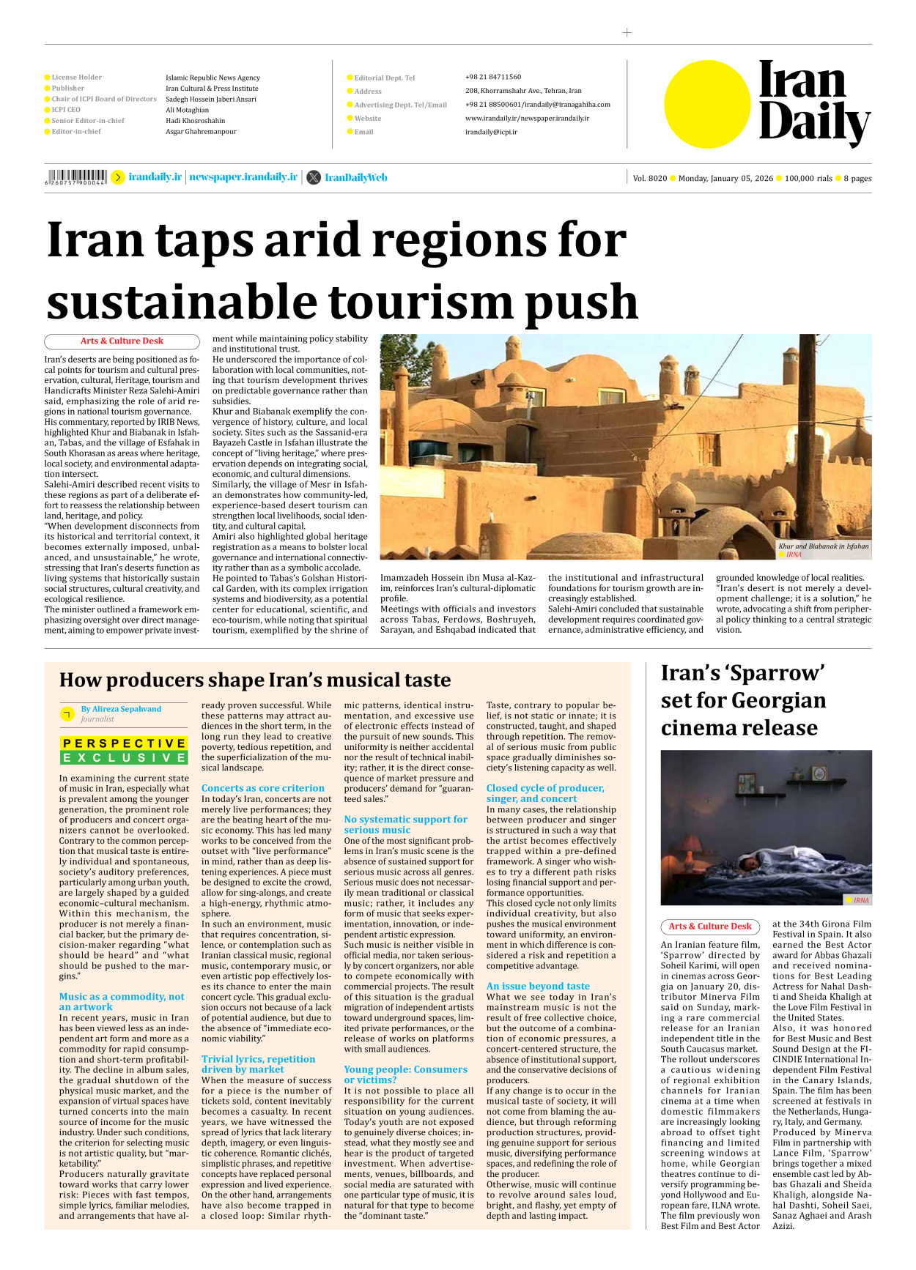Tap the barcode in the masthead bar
pos(75,177)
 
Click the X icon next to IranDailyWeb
pos(314,177)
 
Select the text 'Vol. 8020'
pos(649,178)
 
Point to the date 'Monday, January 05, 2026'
pos(725,178)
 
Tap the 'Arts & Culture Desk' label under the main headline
pos(122,341)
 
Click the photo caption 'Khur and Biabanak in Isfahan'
pos(823,546)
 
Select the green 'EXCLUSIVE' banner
pos(124,757)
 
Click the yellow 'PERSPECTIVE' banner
pos(124,743)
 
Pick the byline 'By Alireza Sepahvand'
pos(121,709)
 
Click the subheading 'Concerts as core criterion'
pos(262,788)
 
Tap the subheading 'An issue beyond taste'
pos(538,986)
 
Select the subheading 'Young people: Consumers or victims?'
pos(405,1074)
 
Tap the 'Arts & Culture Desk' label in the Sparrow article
pos(709,926)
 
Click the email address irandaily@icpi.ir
pos(491,132)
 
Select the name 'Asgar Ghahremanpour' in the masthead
pos(201,132)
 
